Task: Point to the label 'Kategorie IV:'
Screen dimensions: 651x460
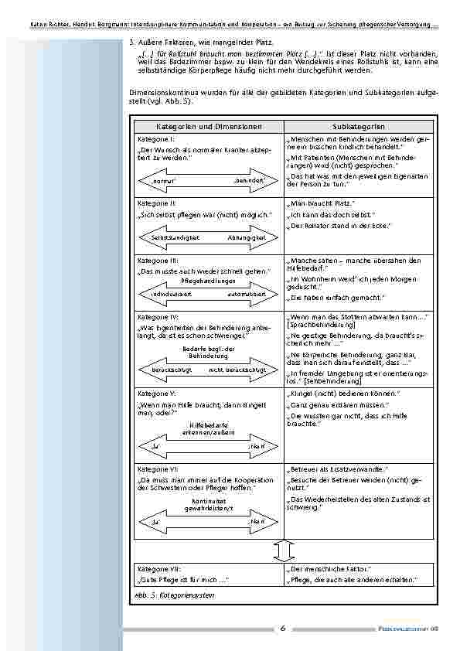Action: [x=158, y=317]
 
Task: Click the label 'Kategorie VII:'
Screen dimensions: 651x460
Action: [x=159, y=568]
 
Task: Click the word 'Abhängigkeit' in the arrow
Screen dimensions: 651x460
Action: [x=246, y=238]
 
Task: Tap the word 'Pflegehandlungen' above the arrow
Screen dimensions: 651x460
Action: [x=208, y=282]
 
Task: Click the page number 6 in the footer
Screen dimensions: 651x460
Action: [x=283, y=629]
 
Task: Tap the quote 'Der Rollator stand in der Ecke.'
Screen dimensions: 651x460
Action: [x=339, y=226]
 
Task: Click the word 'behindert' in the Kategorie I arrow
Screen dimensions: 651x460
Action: [x=248, y=180]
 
